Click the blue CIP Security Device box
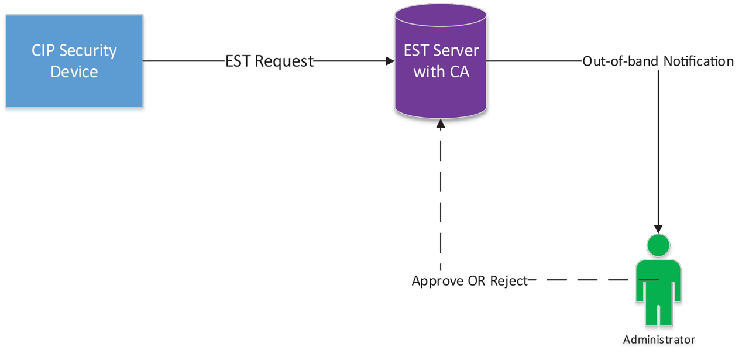(74, 61)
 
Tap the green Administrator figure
(658, 281)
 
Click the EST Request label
(270, 61)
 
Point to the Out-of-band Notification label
(658, 61)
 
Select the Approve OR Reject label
(470, 281)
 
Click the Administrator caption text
(659, 340)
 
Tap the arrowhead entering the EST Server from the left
(389, 61)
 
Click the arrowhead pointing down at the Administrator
(659, 229)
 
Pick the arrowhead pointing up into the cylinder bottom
(441, 124)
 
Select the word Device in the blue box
(74, 71)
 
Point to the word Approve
(438, 282)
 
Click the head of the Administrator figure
(659, 245)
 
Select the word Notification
(698, 61)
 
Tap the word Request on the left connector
(284, 61)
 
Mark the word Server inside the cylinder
(455, 50)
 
